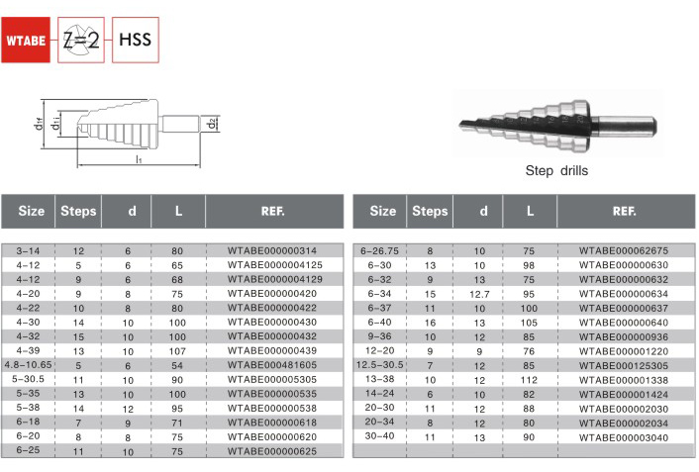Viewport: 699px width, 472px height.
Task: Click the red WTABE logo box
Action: point(26,41)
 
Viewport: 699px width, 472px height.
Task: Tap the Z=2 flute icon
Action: point(80,41)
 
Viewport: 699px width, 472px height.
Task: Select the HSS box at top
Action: point(136,41)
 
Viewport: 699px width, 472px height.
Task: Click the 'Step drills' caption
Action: point(556,170)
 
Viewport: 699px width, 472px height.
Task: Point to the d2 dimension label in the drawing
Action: point(212,123)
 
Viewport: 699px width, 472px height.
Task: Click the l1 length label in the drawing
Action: point(139,159)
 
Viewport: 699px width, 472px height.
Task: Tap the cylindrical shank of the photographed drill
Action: point(627,125)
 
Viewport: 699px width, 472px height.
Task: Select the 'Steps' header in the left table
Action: point(78,211)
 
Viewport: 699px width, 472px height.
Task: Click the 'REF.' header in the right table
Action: point(624,211)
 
